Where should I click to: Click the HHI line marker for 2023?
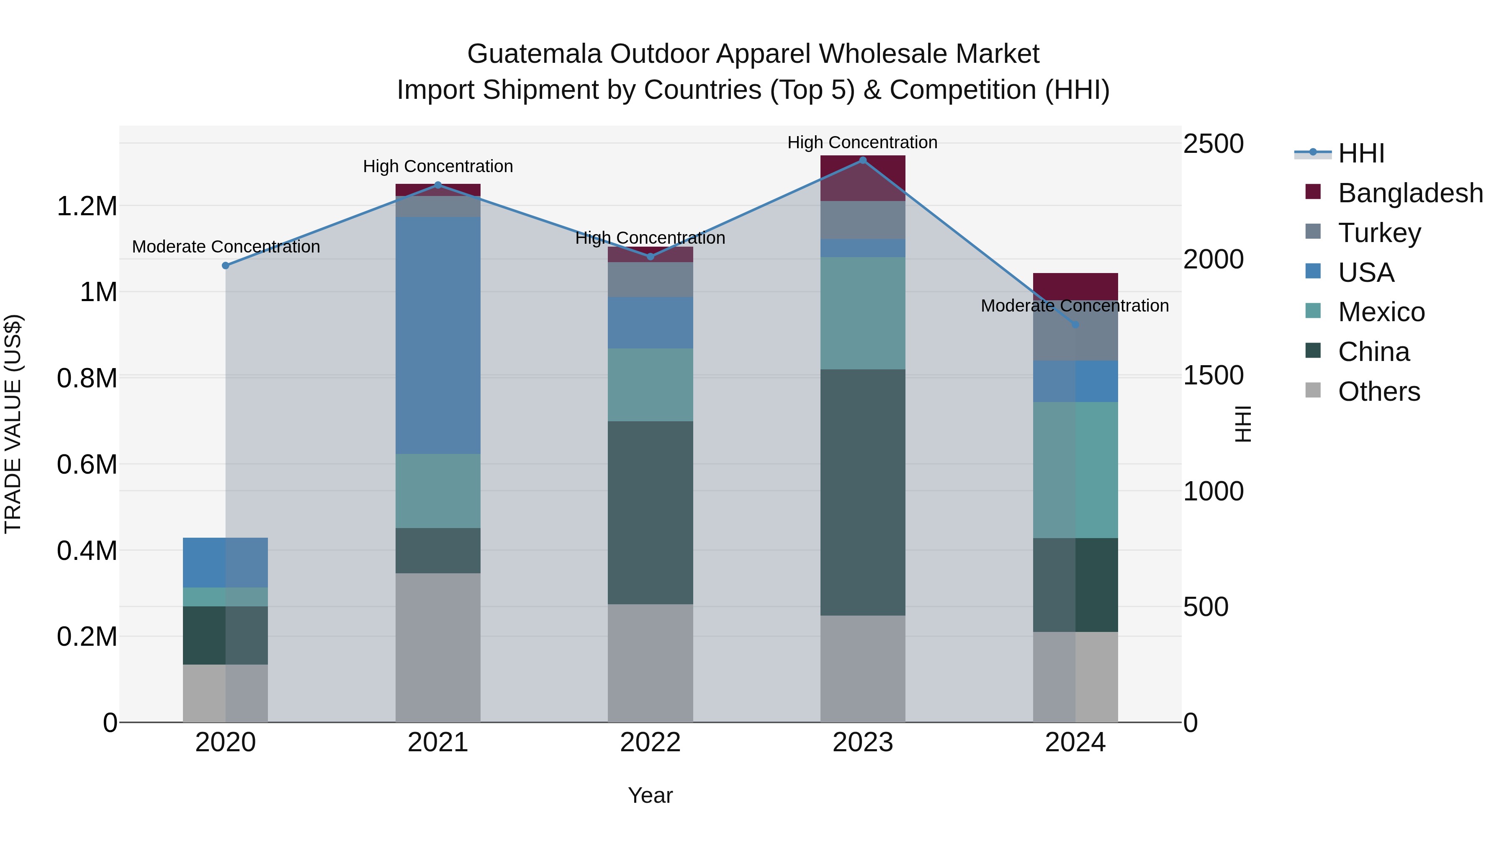tap(862, 160)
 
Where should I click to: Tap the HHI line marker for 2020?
tap(226, 265)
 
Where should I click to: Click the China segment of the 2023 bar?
tap(862, 492)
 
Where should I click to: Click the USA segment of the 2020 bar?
tap(225, 562)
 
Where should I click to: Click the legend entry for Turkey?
tap(1379, 233)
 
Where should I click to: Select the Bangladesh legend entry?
tap(1410, 193)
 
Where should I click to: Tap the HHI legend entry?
tap(1361, 153)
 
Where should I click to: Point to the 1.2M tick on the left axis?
tap(87, 206)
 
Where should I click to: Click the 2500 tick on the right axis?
tap(1213, 144)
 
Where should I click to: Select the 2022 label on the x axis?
tap(650, 742)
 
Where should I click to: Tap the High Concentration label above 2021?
tap(437, 166)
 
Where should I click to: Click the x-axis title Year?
tap(650, 795)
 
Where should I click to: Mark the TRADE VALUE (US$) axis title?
tap(13, 424)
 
